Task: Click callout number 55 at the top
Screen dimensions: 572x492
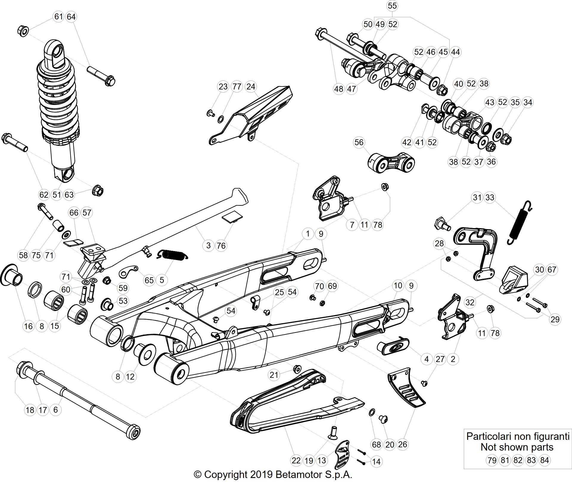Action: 392,6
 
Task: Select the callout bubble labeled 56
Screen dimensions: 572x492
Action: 359,142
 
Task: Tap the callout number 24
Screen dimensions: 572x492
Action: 251,86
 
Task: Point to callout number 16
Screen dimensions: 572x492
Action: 28,326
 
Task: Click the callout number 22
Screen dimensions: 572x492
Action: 296,461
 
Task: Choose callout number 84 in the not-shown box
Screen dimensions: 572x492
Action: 545,460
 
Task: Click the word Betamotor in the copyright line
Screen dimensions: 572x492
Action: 299,474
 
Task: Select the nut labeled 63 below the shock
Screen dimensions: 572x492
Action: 98,190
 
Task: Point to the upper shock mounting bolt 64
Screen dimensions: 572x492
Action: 101,76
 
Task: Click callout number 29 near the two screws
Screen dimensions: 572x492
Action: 555,319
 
